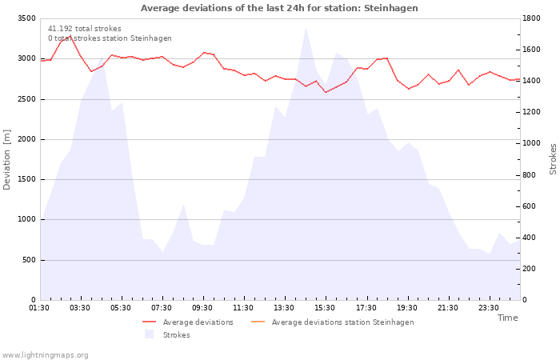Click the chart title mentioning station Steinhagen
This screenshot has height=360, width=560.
(x=279, y=8)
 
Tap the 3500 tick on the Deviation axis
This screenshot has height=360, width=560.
(x=26, y=18)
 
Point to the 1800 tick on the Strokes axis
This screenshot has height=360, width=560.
(x=531, y=18)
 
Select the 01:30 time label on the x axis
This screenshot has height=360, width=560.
(x=39, y=308)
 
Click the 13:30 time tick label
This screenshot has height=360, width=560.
(x=283, y=308)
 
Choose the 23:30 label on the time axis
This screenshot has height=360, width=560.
(x=488, y=308)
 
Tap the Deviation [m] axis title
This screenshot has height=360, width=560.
(x=6, y=160)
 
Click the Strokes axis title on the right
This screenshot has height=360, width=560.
(x=553, y=159)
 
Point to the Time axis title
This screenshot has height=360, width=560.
(x=507, y=318)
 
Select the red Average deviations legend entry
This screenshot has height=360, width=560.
(x=188, y=322)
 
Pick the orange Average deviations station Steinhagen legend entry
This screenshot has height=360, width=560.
(x=333, y=322)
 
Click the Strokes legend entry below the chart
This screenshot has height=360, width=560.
(x=167, y=335)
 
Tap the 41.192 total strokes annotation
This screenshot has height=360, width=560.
(x=85, y=29)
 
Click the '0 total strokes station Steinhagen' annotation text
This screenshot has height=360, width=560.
(x=110, y=38)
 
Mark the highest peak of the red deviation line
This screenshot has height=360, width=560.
(x=70, y=37)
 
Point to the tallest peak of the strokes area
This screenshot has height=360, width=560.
(x=306, y=28)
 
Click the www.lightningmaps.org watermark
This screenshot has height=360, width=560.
(x=45, y=355)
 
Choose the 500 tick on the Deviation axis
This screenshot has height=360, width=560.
(x=29, y=260)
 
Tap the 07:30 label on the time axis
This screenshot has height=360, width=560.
(x=161, y=308)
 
